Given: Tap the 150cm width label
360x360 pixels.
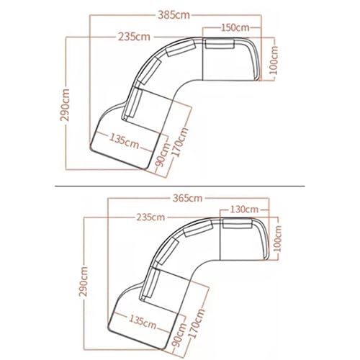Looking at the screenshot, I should pyautogui.click(x=233, y=27).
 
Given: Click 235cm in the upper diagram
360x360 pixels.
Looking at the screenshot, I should pyautogui.click(x=135, y=35).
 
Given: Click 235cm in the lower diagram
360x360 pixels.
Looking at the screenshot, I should pyautogui.click(x=149, y=217).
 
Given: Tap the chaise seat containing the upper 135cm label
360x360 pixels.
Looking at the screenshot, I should pyautogui.click(x=122, y=148).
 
